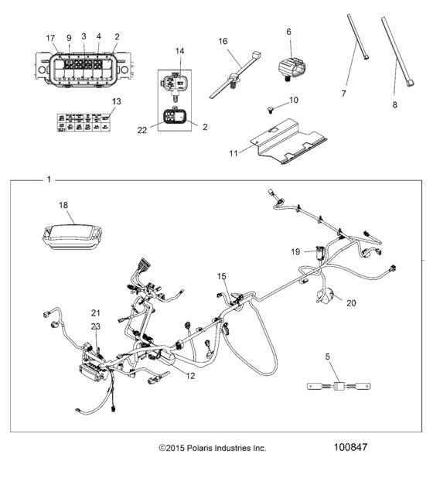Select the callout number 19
click(x=295, y=251)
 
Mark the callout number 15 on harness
click(x=223, y=276)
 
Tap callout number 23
click(x=96, y=327)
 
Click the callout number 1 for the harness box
click(x=49, y=179)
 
